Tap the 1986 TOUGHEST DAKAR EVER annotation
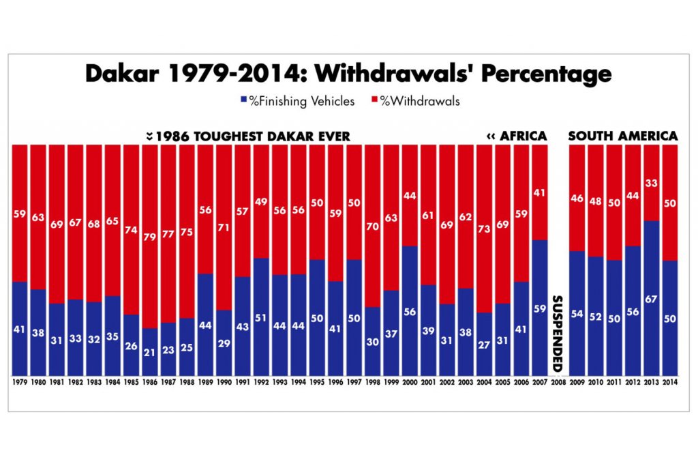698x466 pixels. click(x=248, y=136)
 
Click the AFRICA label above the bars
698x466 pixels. click(x=517, y=136)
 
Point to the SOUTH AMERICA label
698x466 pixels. click(x=623, y=136)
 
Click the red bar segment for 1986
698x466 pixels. click(x=150, y=235)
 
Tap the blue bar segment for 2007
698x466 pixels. click(x=538, y=307)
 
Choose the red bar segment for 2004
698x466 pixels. click(x=483, y=229)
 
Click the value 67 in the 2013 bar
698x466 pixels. click(x=652, y=337)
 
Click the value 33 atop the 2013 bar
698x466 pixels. click(x=652, y=182)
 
